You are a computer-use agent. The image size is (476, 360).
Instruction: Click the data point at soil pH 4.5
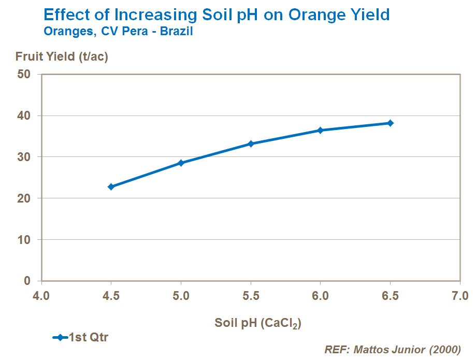coord(111,186)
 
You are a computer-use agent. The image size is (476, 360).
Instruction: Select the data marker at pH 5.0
coord(181,163)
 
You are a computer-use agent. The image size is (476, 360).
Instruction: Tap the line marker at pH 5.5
coord(251,143)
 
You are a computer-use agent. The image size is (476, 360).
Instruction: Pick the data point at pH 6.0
coord(321,130)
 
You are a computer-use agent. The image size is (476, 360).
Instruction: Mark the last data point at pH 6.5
coord(391,123)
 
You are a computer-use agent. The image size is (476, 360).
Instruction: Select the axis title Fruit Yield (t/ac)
coord(62,57)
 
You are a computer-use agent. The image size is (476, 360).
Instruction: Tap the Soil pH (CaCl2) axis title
coord(258,323)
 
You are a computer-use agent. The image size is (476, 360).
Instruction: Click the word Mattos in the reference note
coord(372,350)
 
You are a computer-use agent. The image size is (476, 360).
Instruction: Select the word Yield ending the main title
coord(369,15)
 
